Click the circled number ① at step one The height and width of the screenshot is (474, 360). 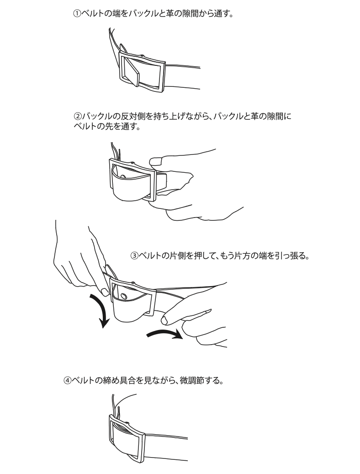point(77,14)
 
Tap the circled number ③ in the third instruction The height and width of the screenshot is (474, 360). point(134,256)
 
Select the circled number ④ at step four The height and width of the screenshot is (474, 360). point(68,380)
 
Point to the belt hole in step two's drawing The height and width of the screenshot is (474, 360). point(123,176)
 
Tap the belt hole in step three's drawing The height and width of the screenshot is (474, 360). point(123,295)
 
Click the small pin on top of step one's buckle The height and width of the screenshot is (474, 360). point(142,55)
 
